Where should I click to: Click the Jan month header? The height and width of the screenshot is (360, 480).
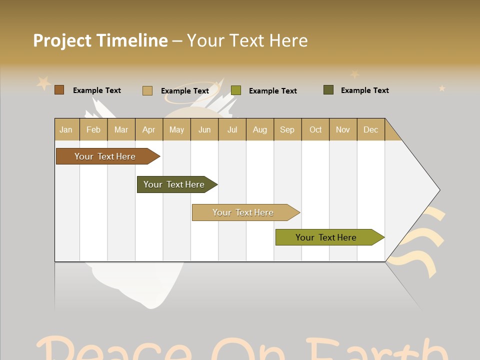pyautogui.click(x=66, y=129)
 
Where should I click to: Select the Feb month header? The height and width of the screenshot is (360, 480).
pyautogui.click(x=93, y=129)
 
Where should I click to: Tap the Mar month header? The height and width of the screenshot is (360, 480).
pyautogui.click(x=121, y=129)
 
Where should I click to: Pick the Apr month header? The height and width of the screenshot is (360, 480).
pyautogui.click(x=149, y=129)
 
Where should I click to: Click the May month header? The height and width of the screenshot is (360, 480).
pyautogui.click(x=176, y=129)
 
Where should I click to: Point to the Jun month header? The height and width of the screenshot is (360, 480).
pyautogui.click(x=204, y=129)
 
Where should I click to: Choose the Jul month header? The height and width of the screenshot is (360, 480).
pyautogui.click(x=232, y=129)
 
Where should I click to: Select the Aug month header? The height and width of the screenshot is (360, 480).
pyautogui.click(x=260, y=129)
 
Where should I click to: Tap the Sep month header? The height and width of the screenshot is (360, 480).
pyautogui.click(x=287, y=129)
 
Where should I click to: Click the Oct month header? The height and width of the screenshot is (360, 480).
pyautogui.click(x=315, y=129)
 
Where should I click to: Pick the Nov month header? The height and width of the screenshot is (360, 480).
pyautogui.click(x=343, y=129)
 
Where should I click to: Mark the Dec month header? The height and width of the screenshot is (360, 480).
pyautogui.click(x=371, y=129)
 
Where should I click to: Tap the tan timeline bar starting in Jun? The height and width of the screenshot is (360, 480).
pyautogui.click(x=243, y=212)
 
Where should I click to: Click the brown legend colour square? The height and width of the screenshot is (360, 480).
pyautogui.click(x=59, y=90)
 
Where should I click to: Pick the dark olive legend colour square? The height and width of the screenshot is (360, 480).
pyautogui.click(x=328, y=90)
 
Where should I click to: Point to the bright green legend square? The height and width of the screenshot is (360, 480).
pyautogui.click(x=236, y=90)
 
